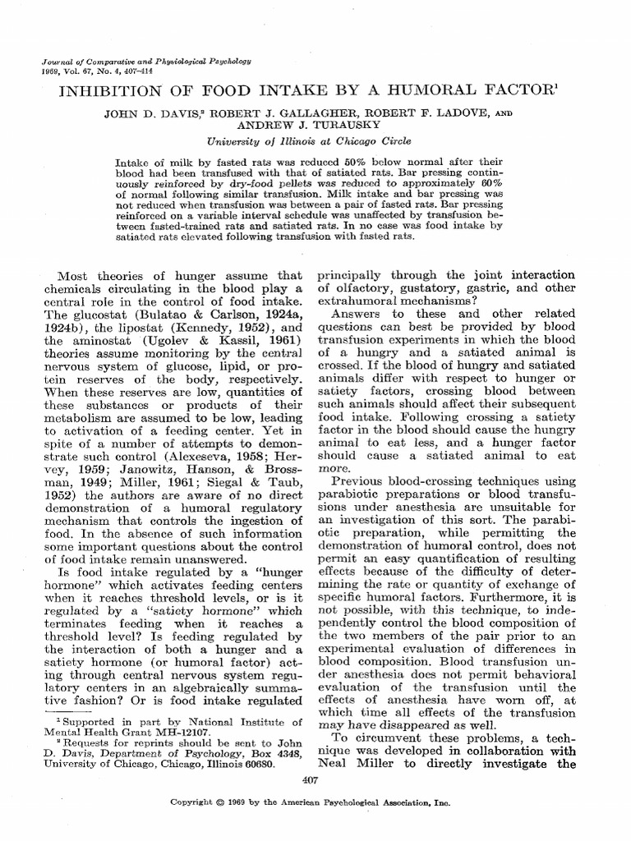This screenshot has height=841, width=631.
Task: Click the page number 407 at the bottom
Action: pyautogui.click(x=311, y=779)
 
